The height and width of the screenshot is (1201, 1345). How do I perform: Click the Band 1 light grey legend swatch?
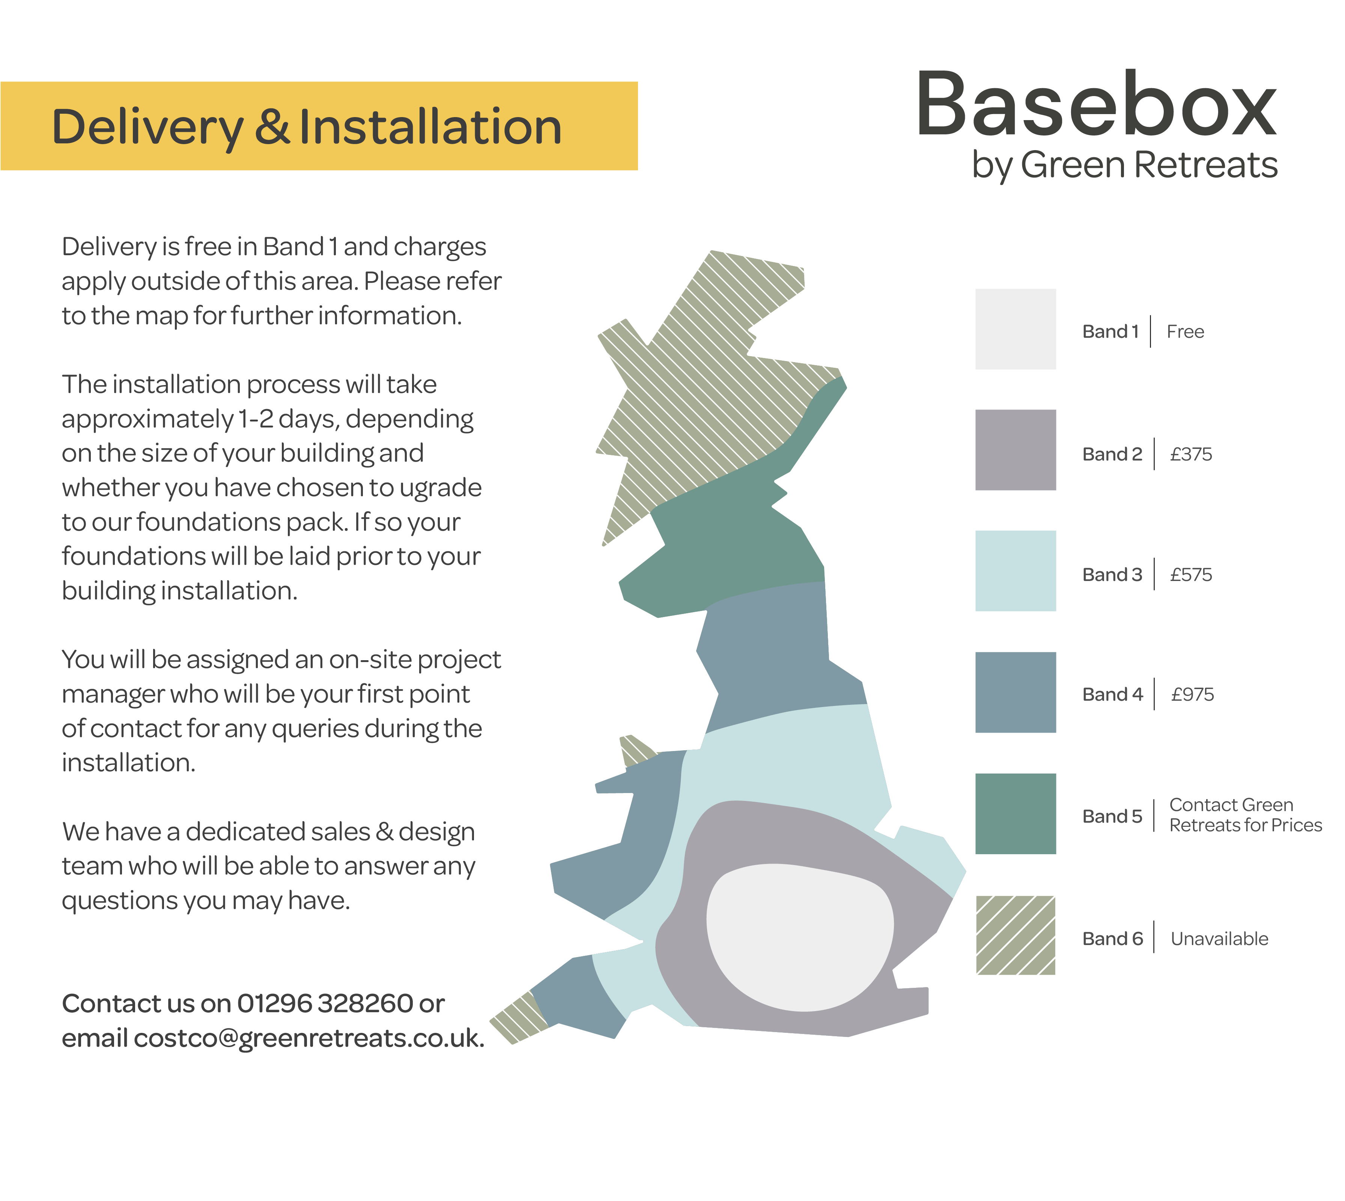[x=1015, y=329]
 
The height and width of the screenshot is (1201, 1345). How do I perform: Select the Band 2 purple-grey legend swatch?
[x=1015, y=450]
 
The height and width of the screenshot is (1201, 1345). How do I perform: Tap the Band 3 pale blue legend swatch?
[x=1015, y=571]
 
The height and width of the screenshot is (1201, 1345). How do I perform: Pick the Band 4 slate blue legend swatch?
[x=1015, y=692]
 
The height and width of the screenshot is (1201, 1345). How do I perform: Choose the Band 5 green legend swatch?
[x=1015, y=814]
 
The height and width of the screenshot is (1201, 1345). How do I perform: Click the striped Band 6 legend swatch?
[x=1015, y=935]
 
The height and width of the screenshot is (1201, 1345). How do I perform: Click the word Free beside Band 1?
[x=1185, y=331]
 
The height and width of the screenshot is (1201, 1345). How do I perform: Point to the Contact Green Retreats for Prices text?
[x=1245, y=815]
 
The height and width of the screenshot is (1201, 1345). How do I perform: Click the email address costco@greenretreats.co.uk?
[x=309, y=1038]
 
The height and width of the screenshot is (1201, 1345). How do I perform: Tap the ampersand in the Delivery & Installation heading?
[x=272, y=127]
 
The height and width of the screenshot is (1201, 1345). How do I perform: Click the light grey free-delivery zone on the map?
[x=800, y=938]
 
